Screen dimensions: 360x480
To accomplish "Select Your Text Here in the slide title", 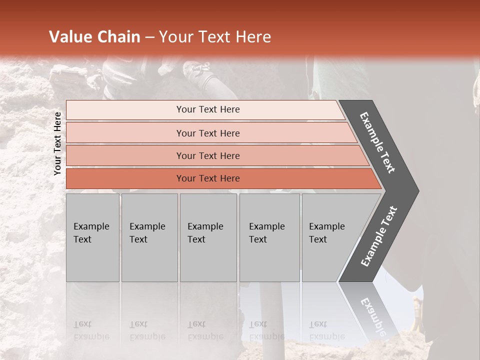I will (215, 37).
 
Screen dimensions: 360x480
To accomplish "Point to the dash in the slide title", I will (149, 37).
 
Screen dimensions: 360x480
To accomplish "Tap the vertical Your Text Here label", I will (57, 143).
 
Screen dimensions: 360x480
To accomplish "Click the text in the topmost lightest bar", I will (208, 109).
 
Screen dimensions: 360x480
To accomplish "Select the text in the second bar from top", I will (208, 133).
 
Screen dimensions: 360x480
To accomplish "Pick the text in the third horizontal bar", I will (208, 155).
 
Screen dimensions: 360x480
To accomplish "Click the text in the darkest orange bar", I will (208, 178).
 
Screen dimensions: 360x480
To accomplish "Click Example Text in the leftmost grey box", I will (91, 233).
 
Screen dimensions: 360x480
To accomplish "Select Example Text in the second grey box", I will (147, 233).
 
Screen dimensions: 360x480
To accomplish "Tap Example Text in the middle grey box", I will (205, 233).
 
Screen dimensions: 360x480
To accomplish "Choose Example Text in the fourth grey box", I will (266, 233).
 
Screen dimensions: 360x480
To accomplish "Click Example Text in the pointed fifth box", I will (326, 233).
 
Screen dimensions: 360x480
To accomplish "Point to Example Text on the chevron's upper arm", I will (377, 143).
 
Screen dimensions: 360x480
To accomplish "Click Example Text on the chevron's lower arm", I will (379, 236).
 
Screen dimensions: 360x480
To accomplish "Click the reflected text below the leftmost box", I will (91, 330).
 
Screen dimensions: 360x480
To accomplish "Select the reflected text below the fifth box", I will (326, 330).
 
